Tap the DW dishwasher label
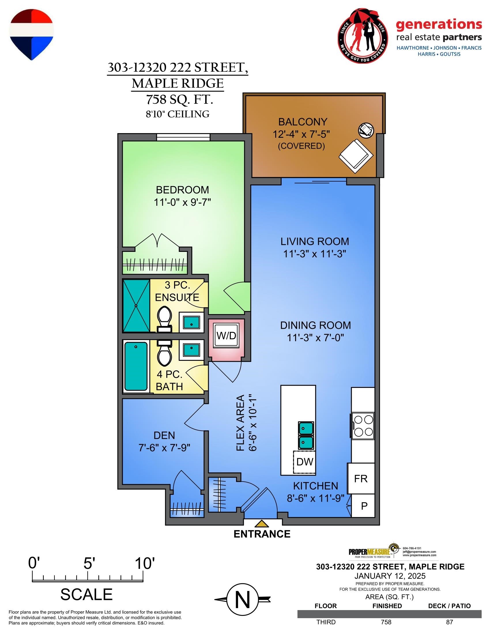pyautogui.click(x=304, y=462)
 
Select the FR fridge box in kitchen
pyautogui.click(x=361, y=479)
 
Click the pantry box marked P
pyautogui.click(x=364, y=506)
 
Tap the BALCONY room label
pyautogui.click(x=303, y=122)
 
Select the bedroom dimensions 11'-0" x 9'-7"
pyautogui.click(x=182, y=202)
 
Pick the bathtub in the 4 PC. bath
pyautogui.click(x=136, y=366)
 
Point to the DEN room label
pyautogui.click(x=164, y=435)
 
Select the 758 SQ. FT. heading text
pyautogui.click(x=179, y=100)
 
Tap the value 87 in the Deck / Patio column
pyautogui.click(x=449, y=622)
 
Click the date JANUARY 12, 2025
pyautogui.click(x=390, y=576)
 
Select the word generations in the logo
pyautogui.click(x=439, y=25)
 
